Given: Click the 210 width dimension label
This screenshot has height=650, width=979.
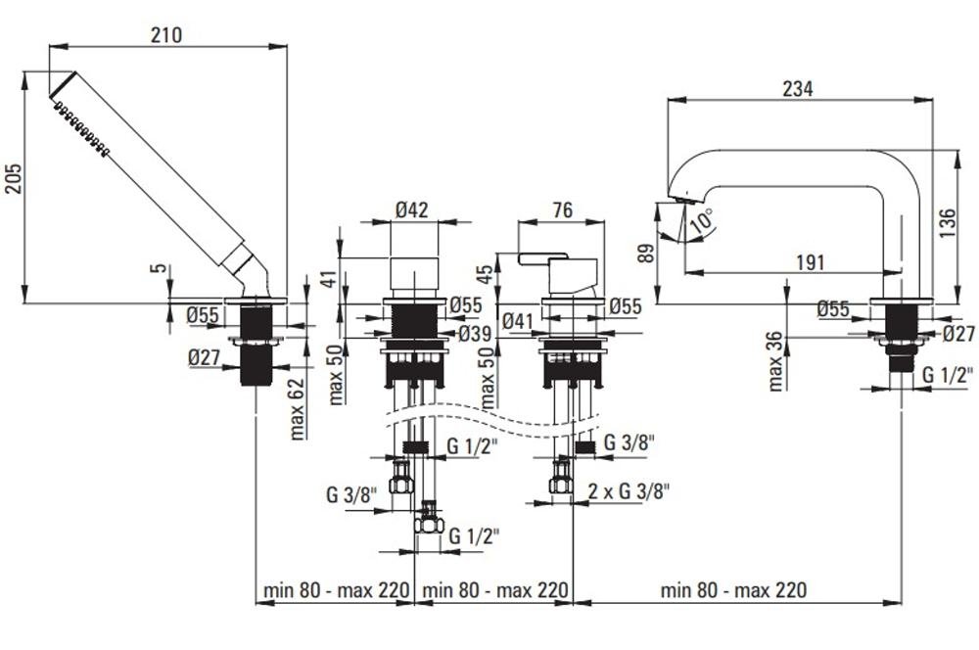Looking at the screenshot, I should click(166, 35).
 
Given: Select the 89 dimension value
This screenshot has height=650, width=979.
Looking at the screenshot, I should click(643, 253).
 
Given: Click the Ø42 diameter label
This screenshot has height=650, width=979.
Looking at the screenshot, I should click(413, 209).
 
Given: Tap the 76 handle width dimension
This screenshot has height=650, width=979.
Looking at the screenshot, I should click(562, 210).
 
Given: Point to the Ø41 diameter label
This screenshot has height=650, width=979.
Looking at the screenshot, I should click(516, 320).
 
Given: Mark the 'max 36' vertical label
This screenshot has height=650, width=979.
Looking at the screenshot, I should click(776, 360).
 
